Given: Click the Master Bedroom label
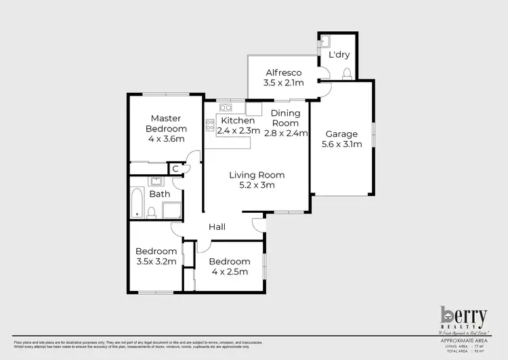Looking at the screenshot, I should pyautogui.click(x=165, y=123).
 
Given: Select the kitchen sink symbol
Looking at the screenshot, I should pyautogui.click(x=226, y=107).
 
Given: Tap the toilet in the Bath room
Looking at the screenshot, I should pyautogui.click(x=152, y=213).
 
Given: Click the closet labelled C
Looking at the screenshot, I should pyautogui.click(x=175, y=168).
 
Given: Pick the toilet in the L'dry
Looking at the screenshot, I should pyautogui.click(x=346, y=73).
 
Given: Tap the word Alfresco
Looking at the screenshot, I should pyautogui.click(x=283, y=73).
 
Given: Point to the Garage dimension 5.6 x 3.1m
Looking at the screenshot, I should pyautogui.click(x=341, y=144).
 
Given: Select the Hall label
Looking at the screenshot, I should pyautogui.click(x=217, y=226).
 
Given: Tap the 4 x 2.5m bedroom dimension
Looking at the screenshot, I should pyautogui.click(x=228, y=272).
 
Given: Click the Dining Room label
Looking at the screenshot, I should pyautogui.click(x=284, y=119).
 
